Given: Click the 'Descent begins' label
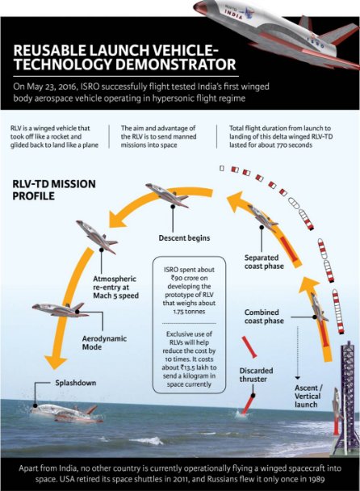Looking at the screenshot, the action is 184,238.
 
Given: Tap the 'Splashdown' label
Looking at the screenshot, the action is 76,383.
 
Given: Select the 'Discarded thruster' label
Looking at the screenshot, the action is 256,375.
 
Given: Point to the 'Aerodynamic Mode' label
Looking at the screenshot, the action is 104,342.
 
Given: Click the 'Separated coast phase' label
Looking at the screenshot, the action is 264,262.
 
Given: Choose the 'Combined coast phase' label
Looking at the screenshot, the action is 264,317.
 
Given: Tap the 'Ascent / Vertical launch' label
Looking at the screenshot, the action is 308,397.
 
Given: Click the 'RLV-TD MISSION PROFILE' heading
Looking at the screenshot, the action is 54,190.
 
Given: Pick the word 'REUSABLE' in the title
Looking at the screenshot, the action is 49,50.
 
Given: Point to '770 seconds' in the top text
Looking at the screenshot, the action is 295,145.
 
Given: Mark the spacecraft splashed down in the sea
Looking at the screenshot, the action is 66,413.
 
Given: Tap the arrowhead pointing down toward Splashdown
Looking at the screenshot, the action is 55,362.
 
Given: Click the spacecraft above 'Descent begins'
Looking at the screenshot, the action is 167,195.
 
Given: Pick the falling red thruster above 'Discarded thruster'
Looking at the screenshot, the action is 249,346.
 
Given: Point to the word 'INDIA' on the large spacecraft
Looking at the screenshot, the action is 233,14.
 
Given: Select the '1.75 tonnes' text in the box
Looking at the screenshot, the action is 189,312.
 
